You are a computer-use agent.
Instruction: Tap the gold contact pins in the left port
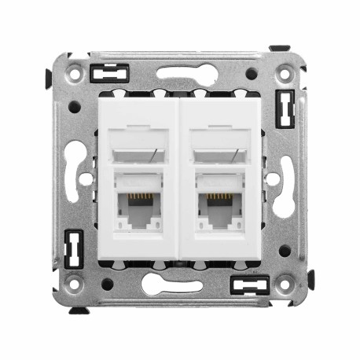[138, 197]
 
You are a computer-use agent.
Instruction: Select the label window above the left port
[138, 151]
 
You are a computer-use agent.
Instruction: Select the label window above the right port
[222, 151]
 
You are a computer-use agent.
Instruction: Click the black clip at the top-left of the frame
[109, 74]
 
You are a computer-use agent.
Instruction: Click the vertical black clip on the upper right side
[285, 108]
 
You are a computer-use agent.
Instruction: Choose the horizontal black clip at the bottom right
[249, 284]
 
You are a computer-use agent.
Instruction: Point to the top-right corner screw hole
[285, 75]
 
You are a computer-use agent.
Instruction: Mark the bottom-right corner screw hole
[285, 284]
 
